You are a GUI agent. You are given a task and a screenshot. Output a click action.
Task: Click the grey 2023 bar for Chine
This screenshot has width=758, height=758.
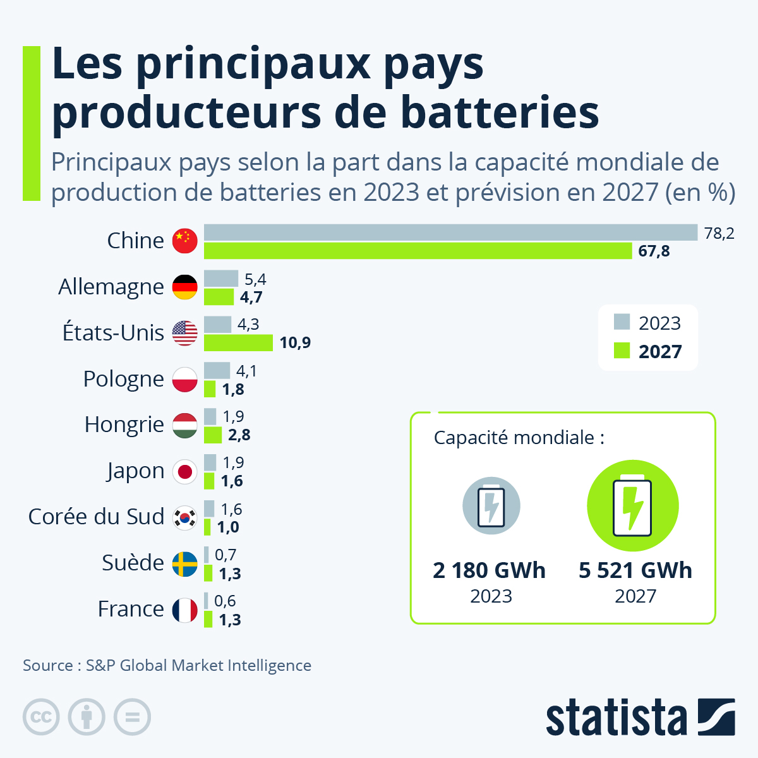(450, 232)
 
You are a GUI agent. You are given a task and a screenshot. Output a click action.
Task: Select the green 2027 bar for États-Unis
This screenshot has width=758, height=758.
(238, 342)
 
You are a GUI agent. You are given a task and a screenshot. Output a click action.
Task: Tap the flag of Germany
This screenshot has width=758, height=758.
(185, 287)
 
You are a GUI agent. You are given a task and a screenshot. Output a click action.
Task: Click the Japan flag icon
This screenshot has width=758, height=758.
(185, 471)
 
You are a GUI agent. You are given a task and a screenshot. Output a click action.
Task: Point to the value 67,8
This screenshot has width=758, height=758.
(654, 251)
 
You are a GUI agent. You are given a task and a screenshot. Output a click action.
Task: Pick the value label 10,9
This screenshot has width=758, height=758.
(295, 342)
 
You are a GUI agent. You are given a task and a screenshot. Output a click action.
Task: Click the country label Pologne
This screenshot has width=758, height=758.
(124, 379)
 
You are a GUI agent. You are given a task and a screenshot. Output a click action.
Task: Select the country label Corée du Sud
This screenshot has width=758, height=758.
(96, 517)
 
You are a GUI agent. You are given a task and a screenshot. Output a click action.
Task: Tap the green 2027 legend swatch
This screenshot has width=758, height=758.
(622, 351)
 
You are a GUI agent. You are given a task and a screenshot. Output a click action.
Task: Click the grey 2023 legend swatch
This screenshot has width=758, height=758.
(622, 322)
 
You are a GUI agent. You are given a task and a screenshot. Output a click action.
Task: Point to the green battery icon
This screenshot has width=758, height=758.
(633, 506)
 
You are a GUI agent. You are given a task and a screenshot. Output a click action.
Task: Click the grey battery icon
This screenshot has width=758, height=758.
(491, 506)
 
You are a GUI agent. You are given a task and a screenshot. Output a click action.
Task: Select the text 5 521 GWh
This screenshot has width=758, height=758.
(635, 570)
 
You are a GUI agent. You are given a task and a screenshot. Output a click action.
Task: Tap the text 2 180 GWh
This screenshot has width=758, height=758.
(489, 570)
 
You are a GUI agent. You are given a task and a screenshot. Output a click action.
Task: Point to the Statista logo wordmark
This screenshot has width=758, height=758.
(616, 718)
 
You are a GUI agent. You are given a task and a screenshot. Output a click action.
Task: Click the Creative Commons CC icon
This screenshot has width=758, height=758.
(41, 718)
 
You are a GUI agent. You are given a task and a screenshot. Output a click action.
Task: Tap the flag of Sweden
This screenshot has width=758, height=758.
(185, 563)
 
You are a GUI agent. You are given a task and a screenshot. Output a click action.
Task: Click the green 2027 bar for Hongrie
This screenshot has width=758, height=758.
(213, 435)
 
